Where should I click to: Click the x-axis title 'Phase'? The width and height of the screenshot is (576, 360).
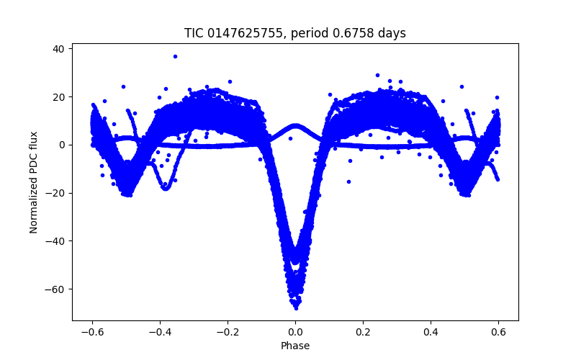click(x=295, y=346)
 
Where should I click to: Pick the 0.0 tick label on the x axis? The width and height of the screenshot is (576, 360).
click(x=295, y=331)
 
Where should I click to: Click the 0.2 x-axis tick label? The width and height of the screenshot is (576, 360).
click(x=363, y=331)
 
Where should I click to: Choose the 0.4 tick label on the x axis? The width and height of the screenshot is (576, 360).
click(x=431, y=331)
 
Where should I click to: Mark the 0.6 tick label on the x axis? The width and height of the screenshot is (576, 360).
click(x=498, y=331)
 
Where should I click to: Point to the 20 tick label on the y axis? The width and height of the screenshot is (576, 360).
click(x=58, y=97)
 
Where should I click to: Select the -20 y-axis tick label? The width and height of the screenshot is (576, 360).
click(x=55, y=193)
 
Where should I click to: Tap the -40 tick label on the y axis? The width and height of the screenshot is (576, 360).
click(x=55, y=241)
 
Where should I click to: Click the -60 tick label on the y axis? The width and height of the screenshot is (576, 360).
click(x=55, y=289)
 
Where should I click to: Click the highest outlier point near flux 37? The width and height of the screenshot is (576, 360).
click(x=175, y=56)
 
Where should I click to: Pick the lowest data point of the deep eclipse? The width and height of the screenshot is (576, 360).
click(x=295, y=307)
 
